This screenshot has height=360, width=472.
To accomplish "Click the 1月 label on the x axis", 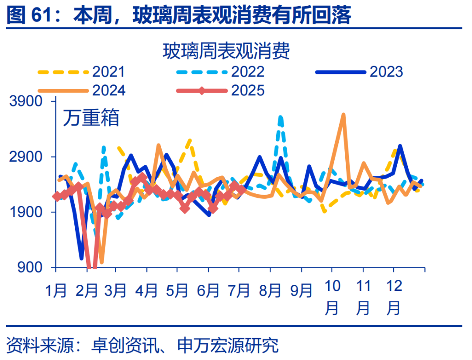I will (56, 290).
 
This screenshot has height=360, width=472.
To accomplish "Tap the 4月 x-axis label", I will (146, 290).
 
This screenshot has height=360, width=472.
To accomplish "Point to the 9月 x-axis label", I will (301, 290).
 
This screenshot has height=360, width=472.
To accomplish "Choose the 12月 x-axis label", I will (394, 297).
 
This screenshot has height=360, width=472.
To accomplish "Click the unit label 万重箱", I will (90, 118).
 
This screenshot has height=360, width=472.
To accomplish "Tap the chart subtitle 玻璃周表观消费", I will (226, 52).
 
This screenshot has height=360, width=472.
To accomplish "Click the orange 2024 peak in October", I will (344, 115).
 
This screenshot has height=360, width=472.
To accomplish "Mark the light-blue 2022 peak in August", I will (280, 117).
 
